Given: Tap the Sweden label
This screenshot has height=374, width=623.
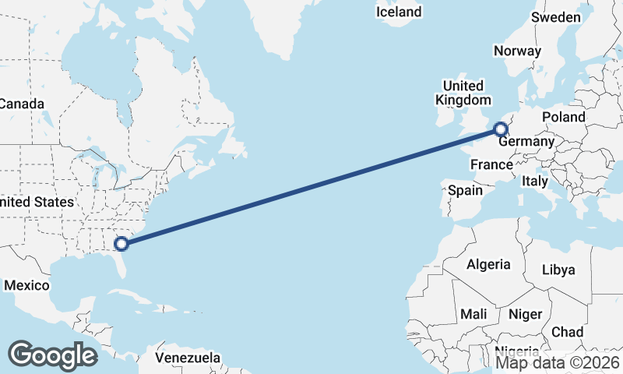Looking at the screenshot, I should tap(556, 17).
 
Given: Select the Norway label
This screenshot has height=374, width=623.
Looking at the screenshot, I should tap(517, 51).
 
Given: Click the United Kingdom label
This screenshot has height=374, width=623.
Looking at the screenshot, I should tap(463, 93).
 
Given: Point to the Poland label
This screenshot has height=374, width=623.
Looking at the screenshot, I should tap(564, 117).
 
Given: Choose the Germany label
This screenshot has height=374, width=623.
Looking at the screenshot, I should tap(526, 142).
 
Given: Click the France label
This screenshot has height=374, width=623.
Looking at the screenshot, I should tap(491, 164).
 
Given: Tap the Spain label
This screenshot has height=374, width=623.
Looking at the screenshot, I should tap(465, 190).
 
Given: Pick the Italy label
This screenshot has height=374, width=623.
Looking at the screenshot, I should tap(535, 181).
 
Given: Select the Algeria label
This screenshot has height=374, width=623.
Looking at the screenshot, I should tap(488, 264).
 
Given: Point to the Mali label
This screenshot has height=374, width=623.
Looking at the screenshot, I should tap(473, 314).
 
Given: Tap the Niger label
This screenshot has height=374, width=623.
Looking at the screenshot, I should tap(525, 314).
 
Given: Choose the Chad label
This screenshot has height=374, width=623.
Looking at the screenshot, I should tap(567, 332).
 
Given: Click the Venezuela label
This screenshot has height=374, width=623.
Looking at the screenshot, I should tap(187, 358).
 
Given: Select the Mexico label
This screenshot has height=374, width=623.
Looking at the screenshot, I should tap(26, 285).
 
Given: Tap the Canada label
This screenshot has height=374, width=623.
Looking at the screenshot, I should tap(22, 104).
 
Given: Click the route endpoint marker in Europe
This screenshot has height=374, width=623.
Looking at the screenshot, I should tap(502, 129).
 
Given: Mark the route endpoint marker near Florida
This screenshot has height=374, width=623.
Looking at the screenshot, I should tap(121, 244).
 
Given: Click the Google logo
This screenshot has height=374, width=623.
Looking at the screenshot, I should tap(52, 355).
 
